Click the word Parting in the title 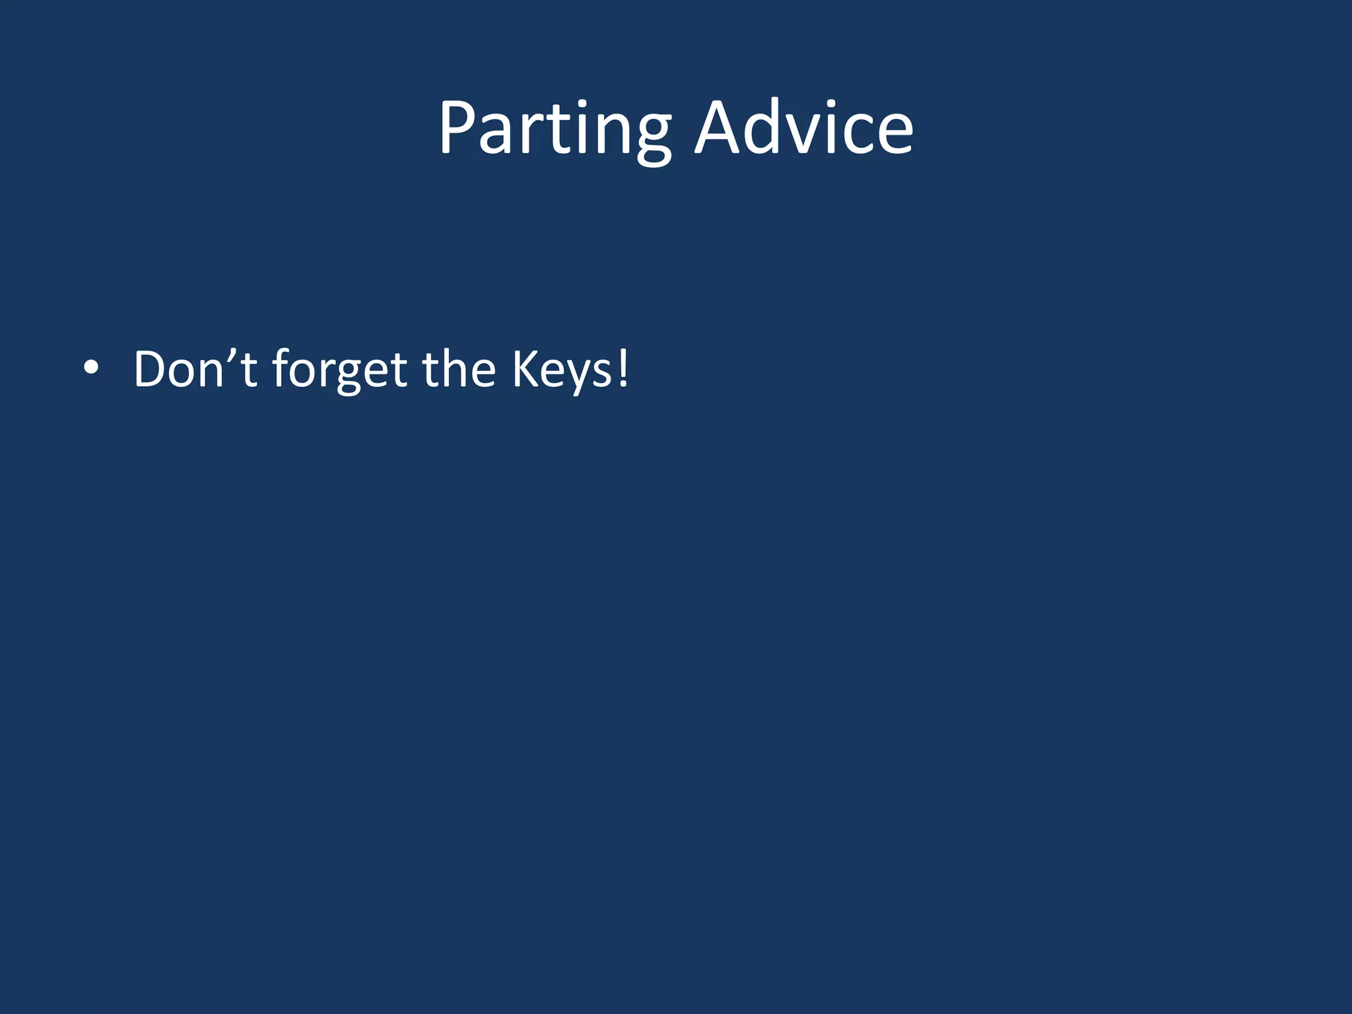pos(555,129)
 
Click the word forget pos(340,370)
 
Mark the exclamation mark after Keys pos(622,368)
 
